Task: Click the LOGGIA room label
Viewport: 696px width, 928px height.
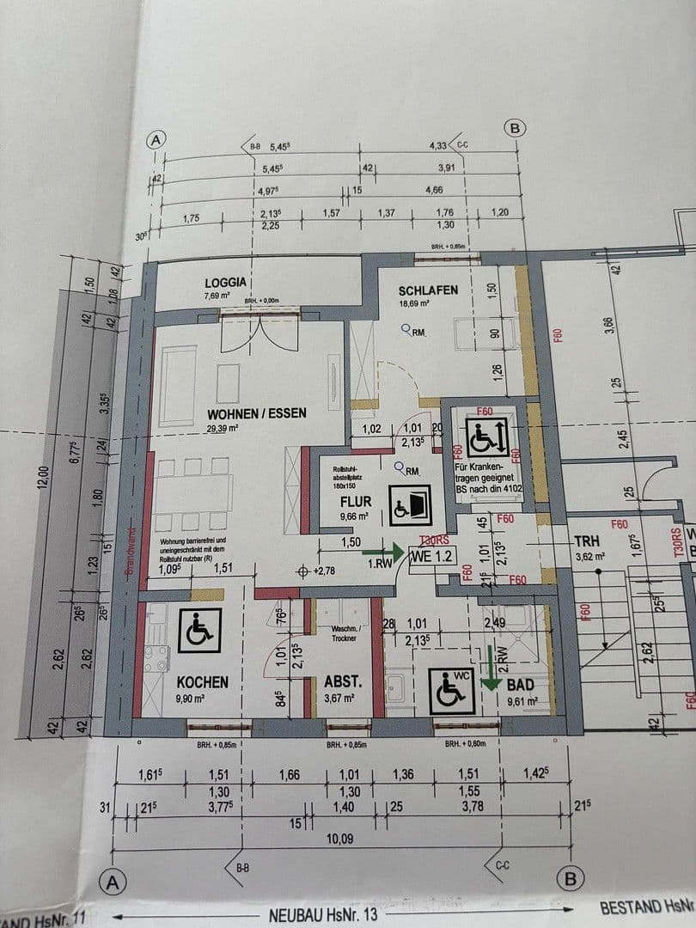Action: [x=226, y=282]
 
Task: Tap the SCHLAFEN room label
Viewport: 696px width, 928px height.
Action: [x=428, y=290]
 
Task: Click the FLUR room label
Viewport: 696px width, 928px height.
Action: [x=355, y=501]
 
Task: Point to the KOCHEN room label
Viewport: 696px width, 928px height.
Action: [x=203, y=681]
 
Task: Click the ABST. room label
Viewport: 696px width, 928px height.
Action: [x=341, y=682]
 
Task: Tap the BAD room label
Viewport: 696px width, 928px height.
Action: [x=521, y=685]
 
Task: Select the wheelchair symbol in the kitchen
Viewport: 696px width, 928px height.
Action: [x=199, y=629]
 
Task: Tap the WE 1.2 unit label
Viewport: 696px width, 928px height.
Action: [x=431, y=555]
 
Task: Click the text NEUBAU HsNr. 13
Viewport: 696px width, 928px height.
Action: [x=322, y=915]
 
